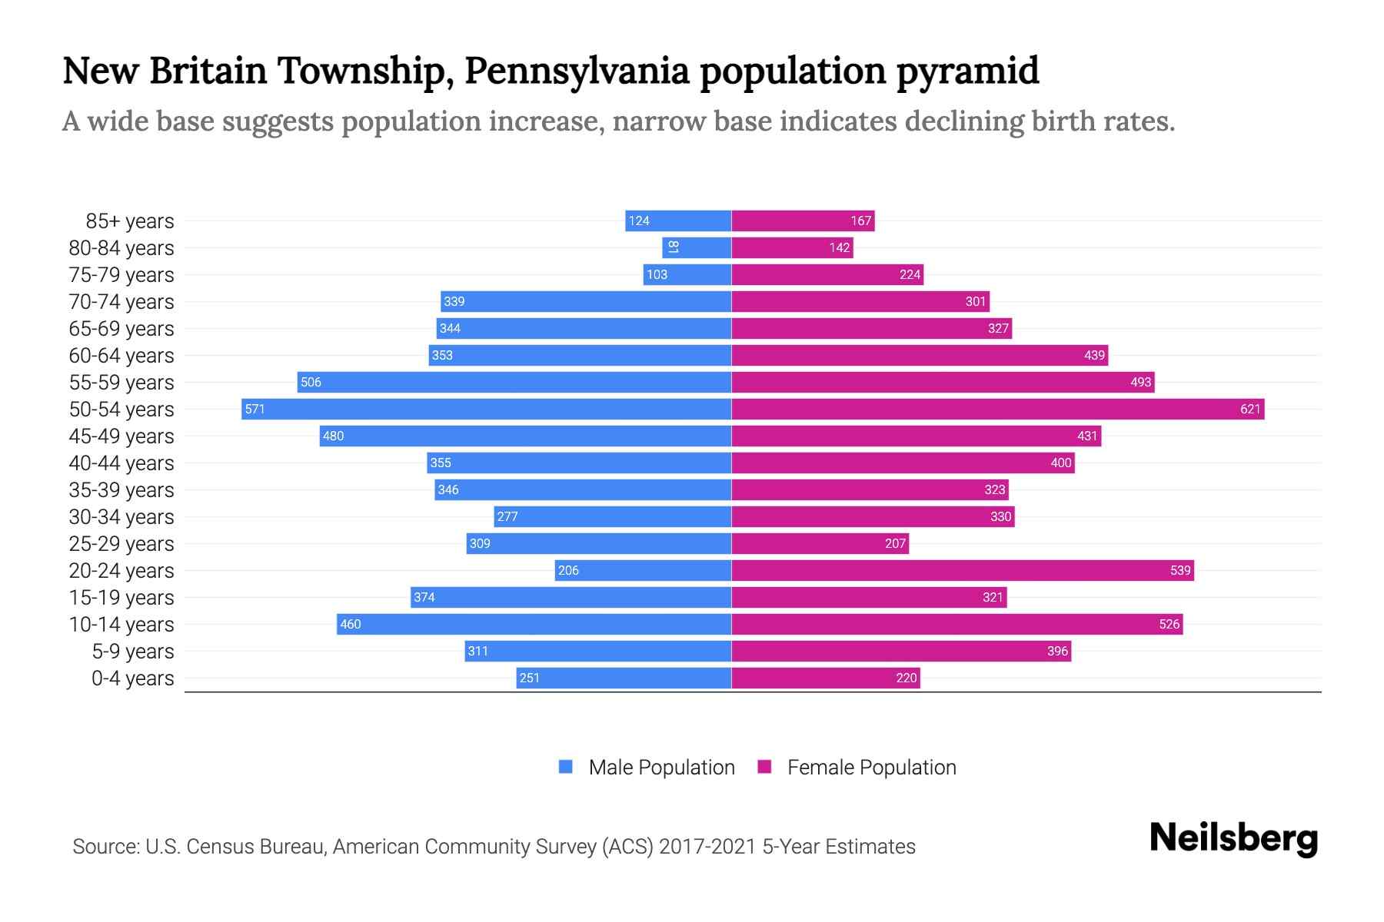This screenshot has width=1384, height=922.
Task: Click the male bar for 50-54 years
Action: (486, 409)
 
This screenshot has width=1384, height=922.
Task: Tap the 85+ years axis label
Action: (130, 221)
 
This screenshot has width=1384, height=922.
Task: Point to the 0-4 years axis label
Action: (133, 678)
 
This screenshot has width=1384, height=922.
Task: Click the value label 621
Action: (1250, 409)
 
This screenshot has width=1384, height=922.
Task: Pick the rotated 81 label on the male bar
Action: (673, 247)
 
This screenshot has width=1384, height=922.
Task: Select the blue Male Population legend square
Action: (566, 767)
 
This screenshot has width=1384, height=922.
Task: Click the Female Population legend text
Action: (871, 768)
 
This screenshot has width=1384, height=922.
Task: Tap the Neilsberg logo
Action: (1233, 838)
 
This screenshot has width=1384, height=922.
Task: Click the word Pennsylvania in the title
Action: (577, 71)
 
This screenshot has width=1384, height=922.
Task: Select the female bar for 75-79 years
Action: (827, 274)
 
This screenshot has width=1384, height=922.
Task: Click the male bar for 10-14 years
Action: (534, 624)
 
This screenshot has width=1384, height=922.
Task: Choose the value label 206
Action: (568, 570)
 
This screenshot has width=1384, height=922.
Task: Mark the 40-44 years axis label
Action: (121, 463)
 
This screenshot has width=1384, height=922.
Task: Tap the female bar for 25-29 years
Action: (820, 543)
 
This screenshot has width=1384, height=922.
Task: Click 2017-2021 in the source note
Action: (707, 847)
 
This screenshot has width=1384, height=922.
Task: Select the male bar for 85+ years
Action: (678, 221)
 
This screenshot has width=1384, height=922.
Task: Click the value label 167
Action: (860, 221)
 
